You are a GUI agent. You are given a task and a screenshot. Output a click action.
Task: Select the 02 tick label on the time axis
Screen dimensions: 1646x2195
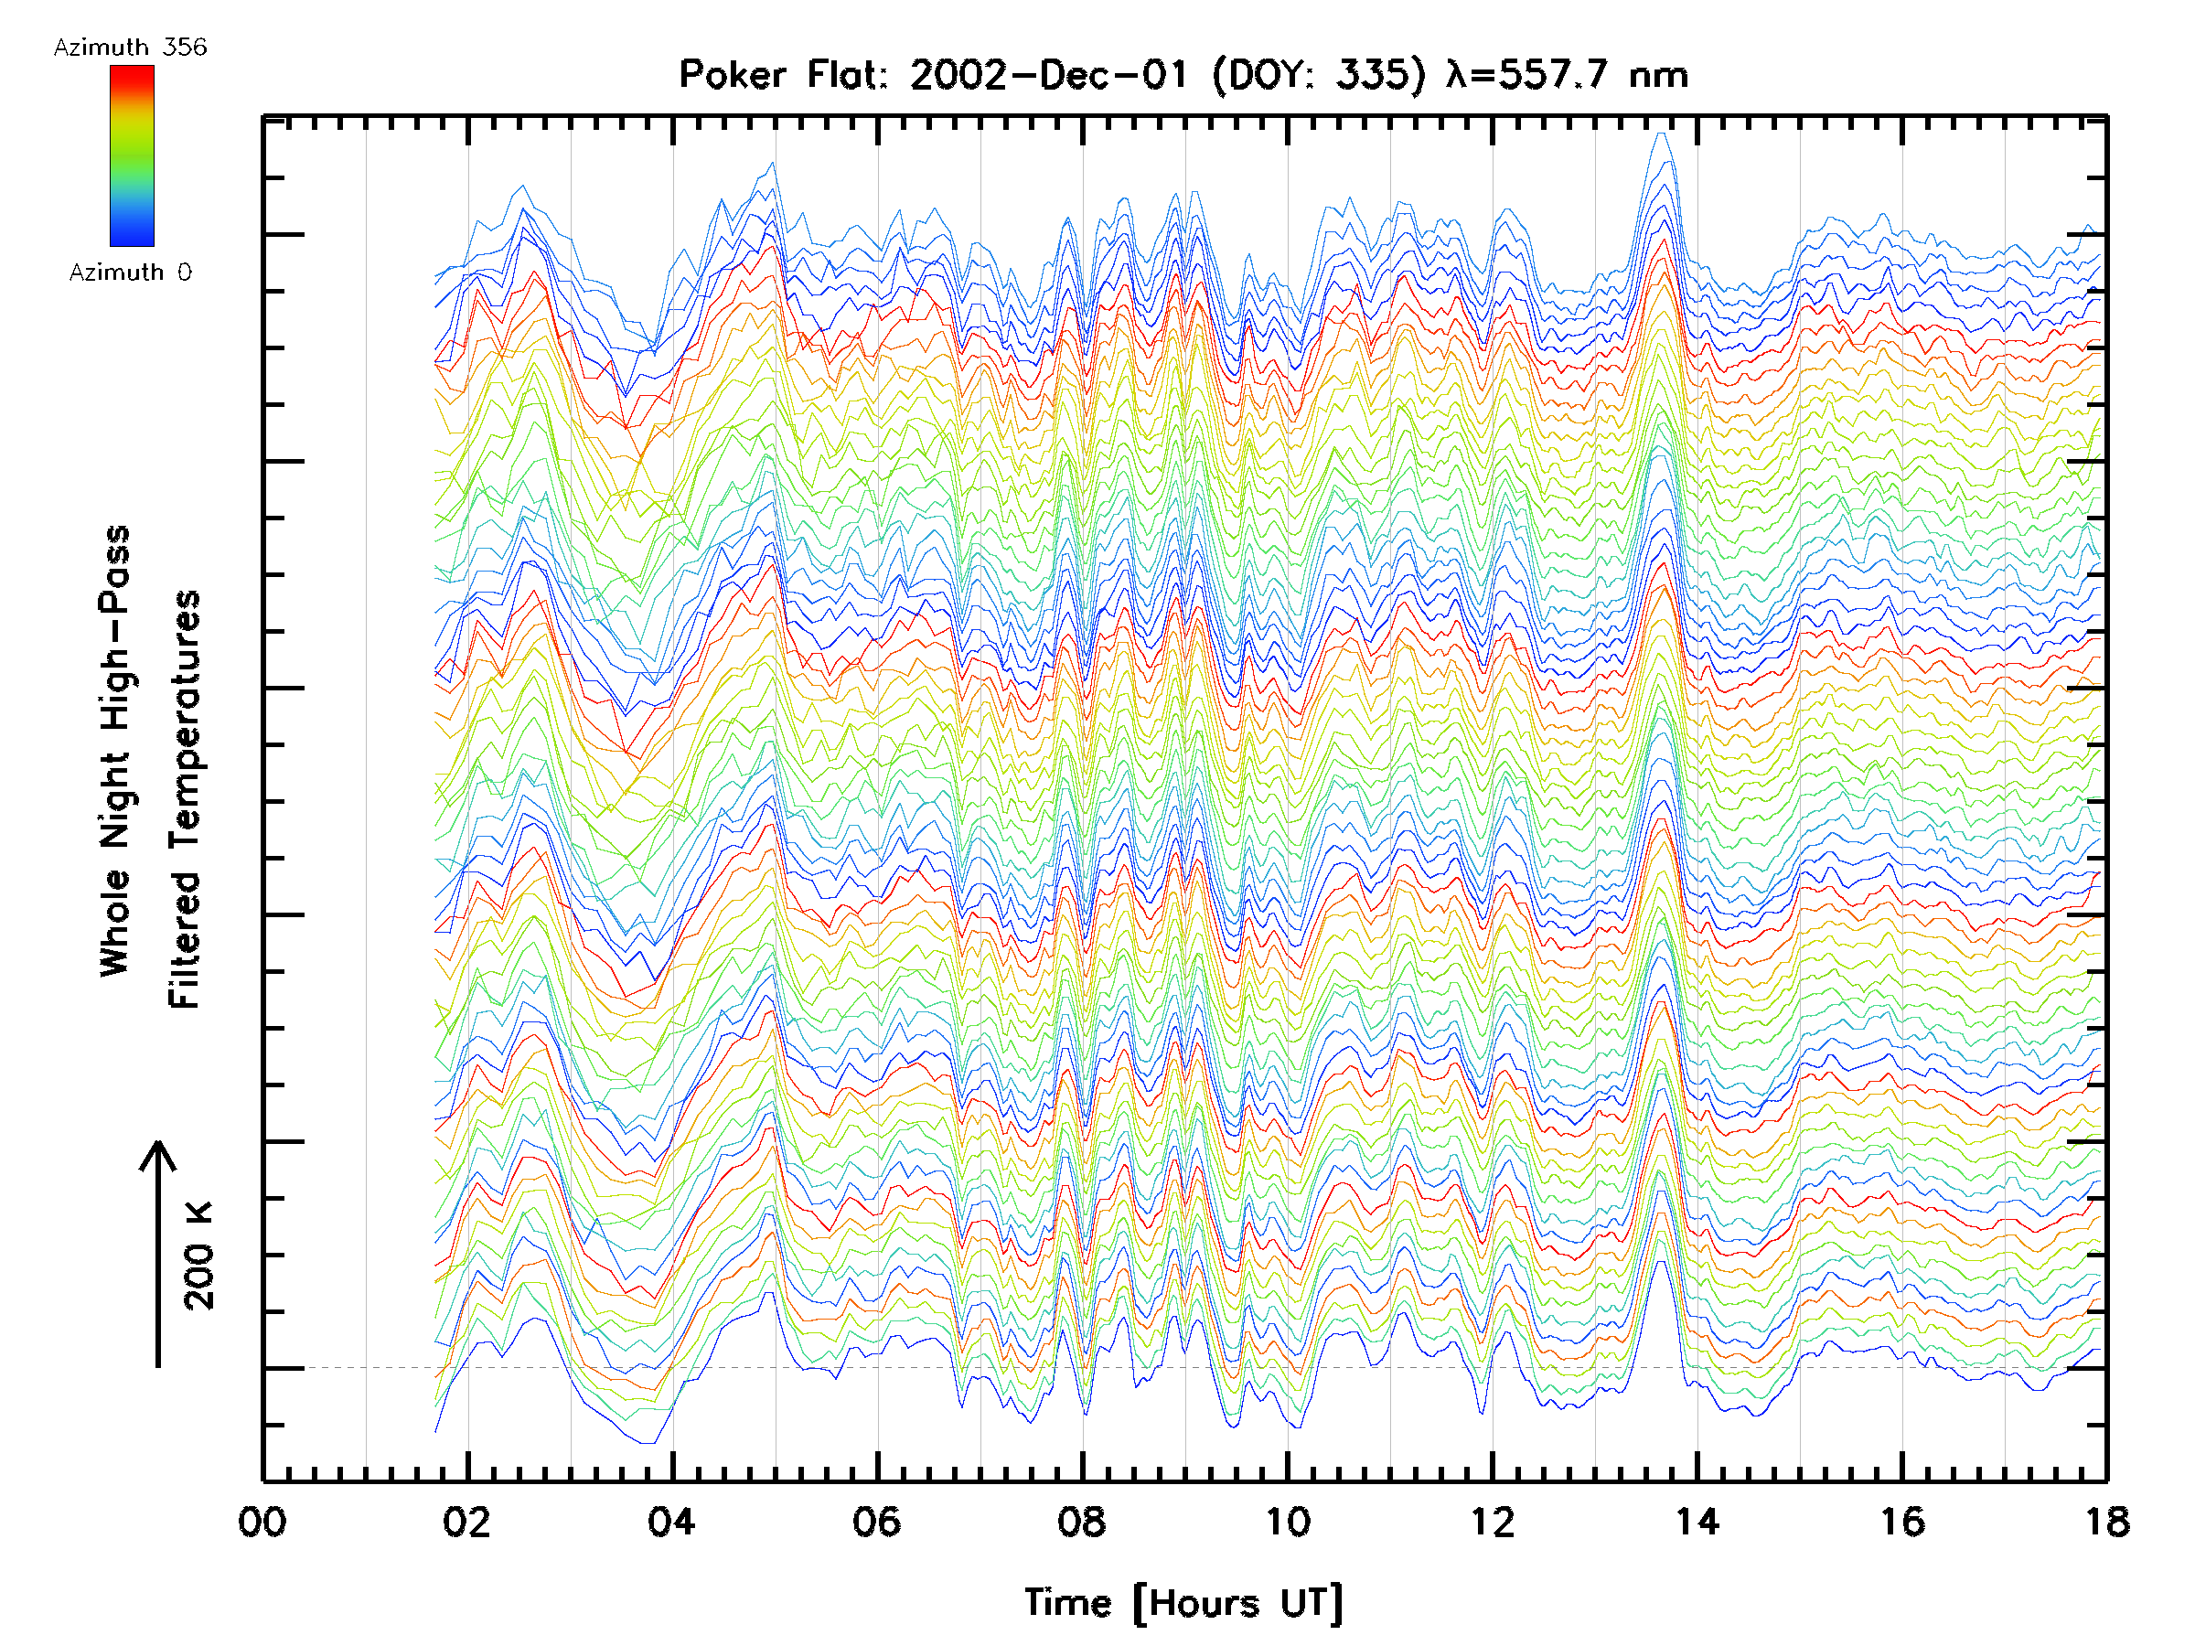point(466,1522)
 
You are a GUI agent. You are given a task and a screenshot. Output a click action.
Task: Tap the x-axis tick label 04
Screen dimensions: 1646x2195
point(672,1522)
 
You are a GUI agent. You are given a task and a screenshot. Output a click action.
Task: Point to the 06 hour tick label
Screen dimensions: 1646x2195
point(876,1522)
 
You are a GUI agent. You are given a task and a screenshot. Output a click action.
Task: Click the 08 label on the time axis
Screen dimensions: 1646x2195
point(1082,1522)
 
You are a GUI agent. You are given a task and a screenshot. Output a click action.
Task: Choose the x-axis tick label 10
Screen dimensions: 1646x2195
point(1287,1522)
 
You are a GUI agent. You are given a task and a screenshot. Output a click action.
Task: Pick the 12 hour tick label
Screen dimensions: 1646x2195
point(1492,1522)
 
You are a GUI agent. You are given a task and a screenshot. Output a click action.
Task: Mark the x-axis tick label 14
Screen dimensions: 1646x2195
point(1697,1522)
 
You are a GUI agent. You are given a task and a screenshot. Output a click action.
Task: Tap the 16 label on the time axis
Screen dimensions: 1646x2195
point(1902,1522)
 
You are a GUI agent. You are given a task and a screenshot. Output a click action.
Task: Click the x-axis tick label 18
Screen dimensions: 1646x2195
point(2105,1522)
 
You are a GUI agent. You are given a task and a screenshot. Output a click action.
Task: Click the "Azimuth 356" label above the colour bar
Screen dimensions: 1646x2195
point(130,48)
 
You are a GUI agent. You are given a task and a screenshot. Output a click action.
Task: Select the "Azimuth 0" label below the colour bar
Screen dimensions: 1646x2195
point(130,273)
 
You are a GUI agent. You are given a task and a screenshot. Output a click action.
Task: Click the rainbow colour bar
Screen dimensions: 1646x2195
point(132,155)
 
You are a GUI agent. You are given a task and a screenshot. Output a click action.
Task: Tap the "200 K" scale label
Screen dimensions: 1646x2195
point(199,1256)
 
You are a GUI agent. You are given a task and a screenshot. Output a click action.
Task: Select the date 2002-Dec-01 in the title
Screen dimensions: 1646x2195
point(1048,75)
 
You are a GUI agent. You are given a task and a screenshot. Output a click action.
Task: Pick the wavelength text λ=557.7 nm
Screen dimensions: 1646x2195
point(1567,75)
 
